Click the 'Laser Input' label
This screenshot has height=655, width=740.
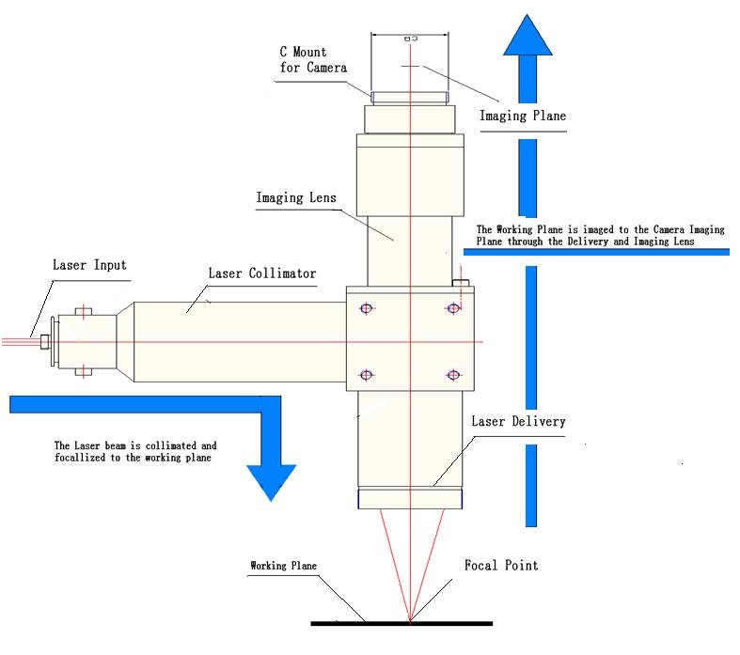point(88,266)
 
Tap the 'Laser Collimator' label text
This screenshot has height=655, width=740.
point(261,273)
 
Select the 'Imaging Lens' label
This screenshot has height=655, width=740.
point(295,198)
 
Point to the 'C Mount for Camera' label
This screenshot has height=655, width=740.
point(313,60)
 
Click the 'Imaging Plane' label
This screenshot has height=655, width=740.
point(523,117)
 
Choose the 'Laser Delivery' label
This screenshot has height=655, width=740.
point(518,421)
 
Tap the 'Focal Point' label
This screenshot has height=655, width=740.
point(501,566)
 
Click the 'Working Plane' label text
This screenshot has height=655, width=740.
point(283,567)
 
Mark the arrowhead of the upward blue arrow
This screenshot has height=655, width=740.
point(527,38)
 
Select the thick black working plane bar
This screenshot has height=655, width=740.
point(401,623)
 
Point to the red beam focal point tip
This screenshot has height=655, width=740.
point(410,619)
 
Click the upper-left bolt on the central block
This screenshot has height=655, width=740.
point(366,308)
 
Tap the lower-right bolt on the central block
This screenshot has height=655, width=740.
point(453,376)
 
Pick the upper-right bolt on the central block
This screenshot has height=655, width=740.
point(453,308)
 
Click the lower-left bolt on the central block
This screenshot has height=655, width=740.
point(366,376)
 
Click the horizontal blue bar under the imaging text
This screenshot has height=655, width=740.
point(596,251)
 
